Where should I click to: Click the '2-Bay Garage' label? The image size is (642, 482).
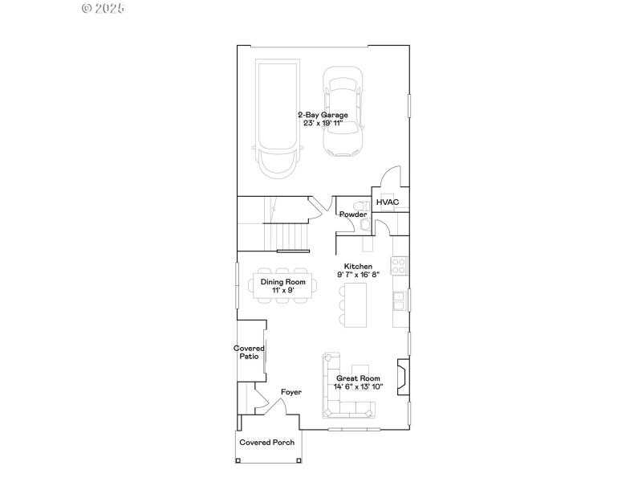tap(323, 115)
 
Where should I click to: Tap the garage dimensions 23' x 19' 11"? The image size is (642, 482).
tap(323, 123)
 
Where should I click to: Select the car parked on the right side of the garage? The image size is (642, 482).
tap(343, 112)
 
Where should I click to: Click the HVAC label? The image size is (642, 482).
tap(388, 202)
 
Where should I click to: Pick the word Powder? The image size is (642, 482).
tap(352, 214)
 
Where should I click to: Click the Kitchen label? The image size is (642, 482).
tap(358, 266)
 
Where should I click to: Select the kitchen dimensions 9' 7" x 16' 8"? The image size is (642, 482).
tap(358, 274)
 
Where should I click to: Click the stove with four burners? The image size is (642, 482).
tap(399, 264)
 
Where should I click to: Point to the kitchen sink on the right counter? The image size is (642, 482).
tap(399, 300)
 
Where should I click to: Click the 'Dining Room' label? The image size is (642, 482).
tap(282, 282)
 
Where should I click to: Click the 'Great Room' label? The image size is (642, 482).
tap(358, 378)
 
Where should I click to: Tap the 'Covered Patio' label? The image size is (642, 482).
tap(249, 352)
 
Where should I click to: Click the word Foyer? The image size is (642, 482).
tap(291, 392)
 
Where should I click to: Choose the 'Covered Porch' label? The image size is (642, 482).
tap(267, 443)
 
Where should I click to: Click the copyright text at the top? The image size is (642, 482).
tap(104, 8)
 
